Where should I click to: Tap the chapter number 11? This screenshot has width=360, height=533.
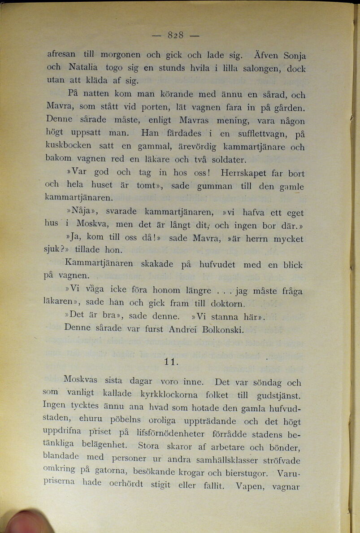pos(172,361)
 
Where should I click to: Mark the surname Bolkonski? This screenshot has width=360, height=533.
pos(223,330)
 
